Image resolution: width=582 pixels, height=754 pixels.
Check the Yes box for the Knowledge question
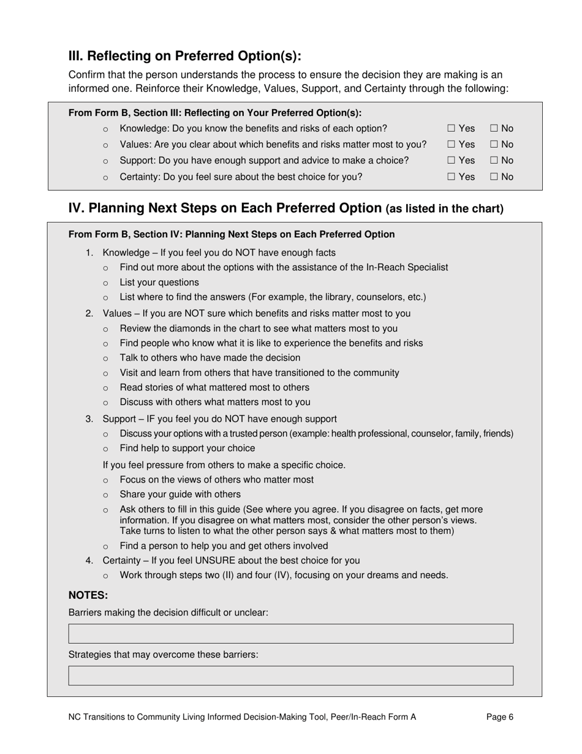click(451, 129)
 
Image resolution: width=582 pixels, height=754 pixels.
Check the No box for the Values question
click(494, 145)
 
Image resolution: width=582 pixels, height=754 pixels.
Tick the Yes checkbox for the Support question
click(451, 161)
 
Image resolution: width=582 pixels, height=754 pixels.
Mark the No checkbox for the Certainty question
click(494, 177)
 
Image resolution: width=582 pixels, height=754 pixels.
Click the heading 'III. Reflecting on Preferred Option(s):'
click(185, 56)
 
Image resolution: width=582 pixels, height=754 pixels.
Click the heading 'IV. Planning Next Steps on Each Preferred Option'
click(225, 208)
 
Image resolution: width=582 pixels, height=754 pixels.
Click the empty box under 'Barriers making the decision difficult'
click(290, 634)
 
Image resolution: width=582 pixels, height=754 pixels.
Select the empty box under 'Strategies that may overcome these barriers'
click(290, 676)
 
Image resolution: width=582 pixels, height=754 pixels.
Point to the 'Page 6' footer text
click(500, 717)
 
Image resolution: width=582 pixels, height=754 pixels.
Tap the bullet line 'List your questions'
click(159, 283)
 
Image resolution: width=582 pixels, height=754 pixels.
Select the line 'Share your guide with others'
click(180, 495)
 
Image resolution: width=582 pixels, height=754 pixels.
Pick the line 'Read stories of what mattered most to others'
click(214, 388)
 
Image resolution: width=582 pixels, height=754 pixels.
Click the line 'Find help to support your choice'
click(187, 449)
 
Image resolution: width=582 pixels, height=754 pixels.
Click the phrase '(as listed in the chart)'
click(445, 209)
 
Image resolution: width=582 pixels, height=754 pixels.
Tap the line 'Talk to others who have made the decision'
click(210, 358)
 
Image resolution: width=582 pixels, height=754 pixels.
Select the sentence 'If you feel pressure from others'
click(224, 465)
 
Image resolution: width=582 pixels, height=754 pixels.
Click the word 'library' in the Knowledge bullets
click(331, 297)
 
